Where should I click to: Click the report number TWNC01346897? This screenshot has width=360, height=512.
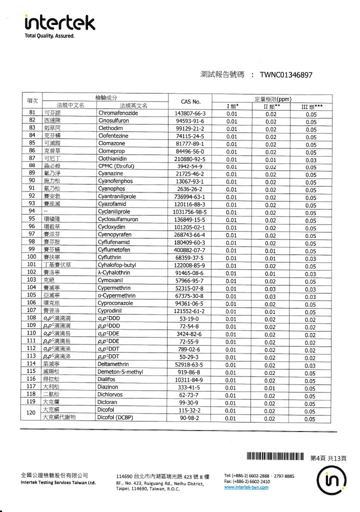(x=286, y=75)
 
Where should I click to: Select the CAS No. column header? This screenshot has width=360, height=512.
(x=190, y=101)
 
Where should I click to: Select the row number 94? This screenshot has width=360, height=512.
(x=31, y=211)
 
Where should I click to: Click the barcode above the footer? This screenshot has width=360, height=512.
(x=275, y=456)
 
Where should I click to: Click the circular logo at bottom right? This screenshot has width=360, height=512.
(x=331, y=482)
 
